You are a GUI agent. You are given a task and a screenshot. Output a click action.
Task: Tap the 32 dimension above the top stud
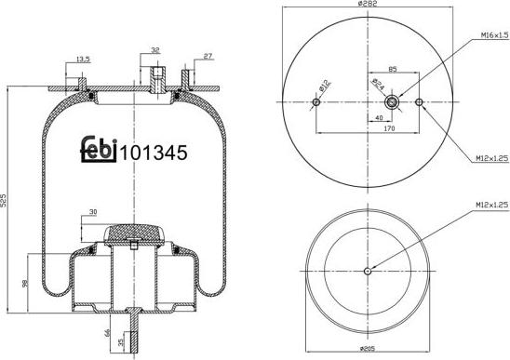[x=154, y=50]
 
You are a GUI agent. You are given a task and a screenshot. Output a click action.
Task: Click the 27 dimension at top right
[x=208, y=56]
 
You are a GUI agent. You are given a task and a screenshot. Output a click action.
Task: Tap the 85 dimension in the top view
[x=393, y=69]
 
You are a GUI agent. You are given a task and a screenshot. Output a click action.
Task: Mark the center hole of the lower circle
[x=368, y=272]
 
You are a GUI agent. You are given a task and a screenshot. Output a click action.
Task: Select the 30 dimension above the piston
[x=94, y=212]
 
